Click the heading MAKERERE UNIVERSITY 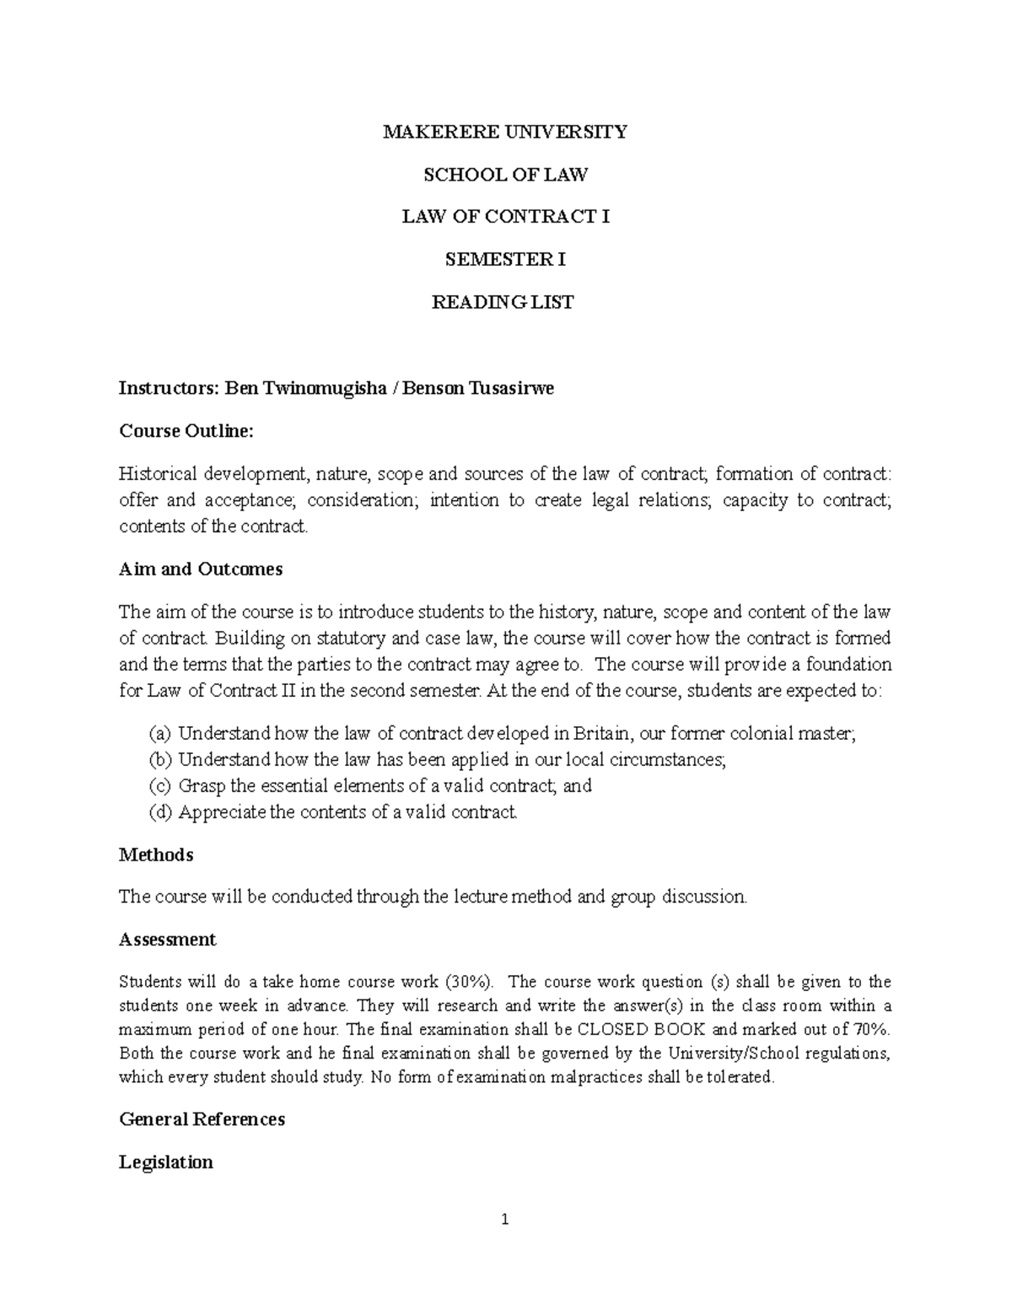(505, 132)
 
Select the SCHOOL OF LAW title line (505, 175)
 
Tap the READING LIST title (503, 302)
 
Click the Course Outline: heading (186, 431)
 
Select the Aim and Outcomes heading (201, 569)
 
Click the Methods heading (156, 855)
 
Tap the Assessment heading (168, 940)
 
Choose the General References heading (202, 1119)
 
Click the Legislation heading (166, 1162)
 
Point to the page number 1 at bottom (505, 1219)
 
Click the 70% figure (872, 1030)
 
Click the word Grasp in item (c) (202, 786)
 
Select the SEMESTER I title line (505, 260)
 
